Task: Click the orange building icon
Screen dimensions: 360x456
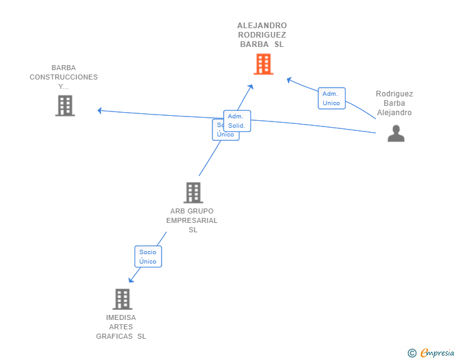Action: pyautogui.click(x=263, y=64)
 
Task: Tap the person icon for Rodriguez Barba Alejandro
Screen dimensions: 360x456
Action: pyautogui.click(x=396, y=133)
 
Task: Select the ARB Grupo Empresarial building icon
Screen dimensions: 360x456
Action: pyautogui.click(x=193, y=192)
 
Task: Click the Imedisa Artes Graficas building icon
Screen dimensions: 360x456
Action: pyautogui.click(x=122, y=299)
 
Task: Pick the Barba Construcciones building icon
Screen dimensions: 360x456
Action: pyautogui.click(x=65, y=106)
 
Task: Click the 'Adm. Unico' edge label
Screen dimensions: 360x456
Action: pyautogui.click(x=331, y=98)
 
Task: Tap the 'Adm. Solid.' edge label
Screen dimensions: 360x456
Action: pyautogui.click(x=237, y=121)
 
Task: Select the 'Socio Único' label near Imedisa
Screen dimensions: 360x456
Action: pyautogui.click(x=148, y=257)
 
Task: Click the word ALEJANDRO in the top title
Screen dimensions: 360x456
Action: pyautogui.click(x=262, y=26)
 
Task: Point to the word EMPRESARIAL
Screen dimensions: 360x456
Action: pyautogui.click(x=192, y=220)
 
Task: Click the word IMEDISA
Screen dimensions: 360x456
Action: pyautogui.click(x=121, y=317)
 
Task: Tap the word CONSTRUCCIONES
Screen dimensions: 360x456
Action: pyautogui.click(x=64, y=77)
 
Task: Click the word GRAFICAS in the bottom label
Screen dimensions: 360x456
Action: pyautogui.click(x=114, y=336)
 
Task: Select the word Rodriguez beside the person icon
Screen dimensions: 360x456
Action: pyautogui.click(x=395, y=94)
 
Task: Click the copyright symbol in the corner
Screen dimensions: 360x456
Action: pyautogui.click(x=412, y=353)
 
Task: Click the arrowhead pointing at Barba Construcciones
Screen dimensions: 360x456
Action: pyautogui.click(x=100, y=111)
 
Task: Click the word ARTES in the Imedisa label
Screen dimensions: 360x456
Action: pyautogui.click(x=121, y=327)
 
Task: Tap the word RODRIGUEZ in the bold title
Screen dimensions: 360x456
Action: pyautogui.click(x=262, y=35)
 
